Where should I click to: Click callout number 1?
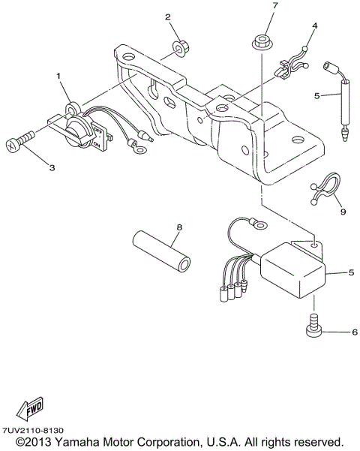(x=58, y=77)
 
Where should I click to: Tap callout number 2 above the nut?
(x=168, y=17)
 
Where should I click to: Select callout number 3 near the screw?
(x=52, y=168)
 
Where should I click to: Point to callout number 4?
(x=314, y=26)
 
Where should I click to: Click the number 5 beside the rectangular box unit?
(x=350, y=273)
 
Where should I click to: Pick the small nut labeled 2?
(x=180, y=49)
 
